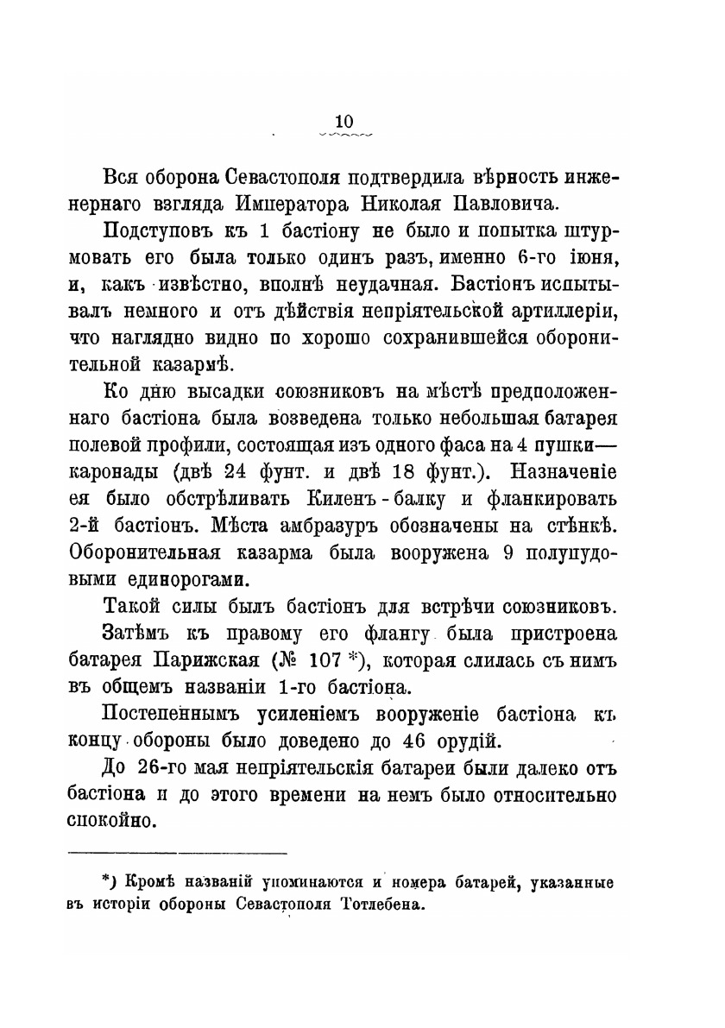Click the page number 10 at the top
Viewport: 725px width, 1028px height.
344,123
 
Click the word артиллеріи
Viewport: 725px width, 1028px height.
565,312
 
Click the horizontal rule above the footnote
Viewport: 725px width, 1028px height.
177,854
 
